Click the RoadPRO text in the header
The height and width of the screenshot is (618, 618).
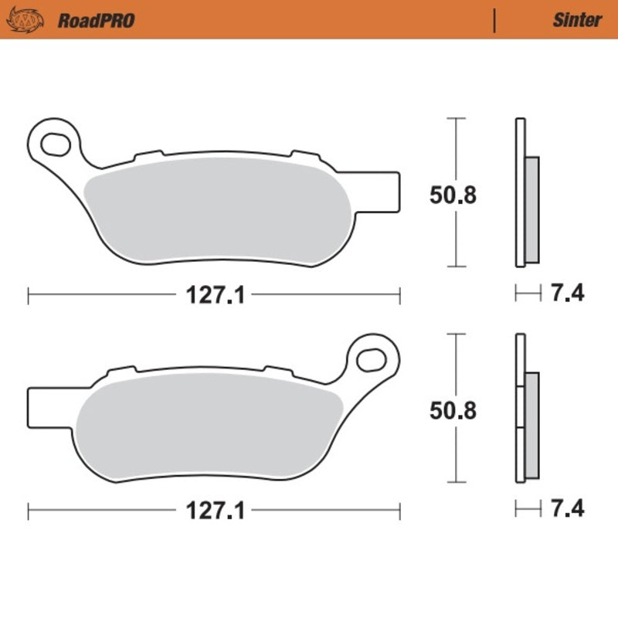[96, 20]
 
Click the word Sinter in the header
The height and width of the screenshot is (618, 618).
[576, 20]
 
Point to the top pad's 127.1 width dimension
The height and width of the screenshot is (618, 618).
[214, 295]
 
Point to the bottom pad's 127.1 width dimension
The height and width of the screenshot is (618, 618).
[214, 511]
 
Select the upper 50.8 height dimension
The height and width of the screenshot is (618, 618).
[453, 195]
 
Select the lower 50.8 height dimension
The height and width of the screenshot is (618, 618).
[453, 410]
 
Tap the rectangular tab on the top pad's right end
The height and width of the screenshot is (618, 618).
[390, 190]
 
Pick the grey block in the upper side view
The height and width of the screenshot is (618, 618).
[532, 209]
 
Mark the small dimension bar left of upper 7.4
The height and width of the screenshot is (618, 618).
[528, 294]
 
